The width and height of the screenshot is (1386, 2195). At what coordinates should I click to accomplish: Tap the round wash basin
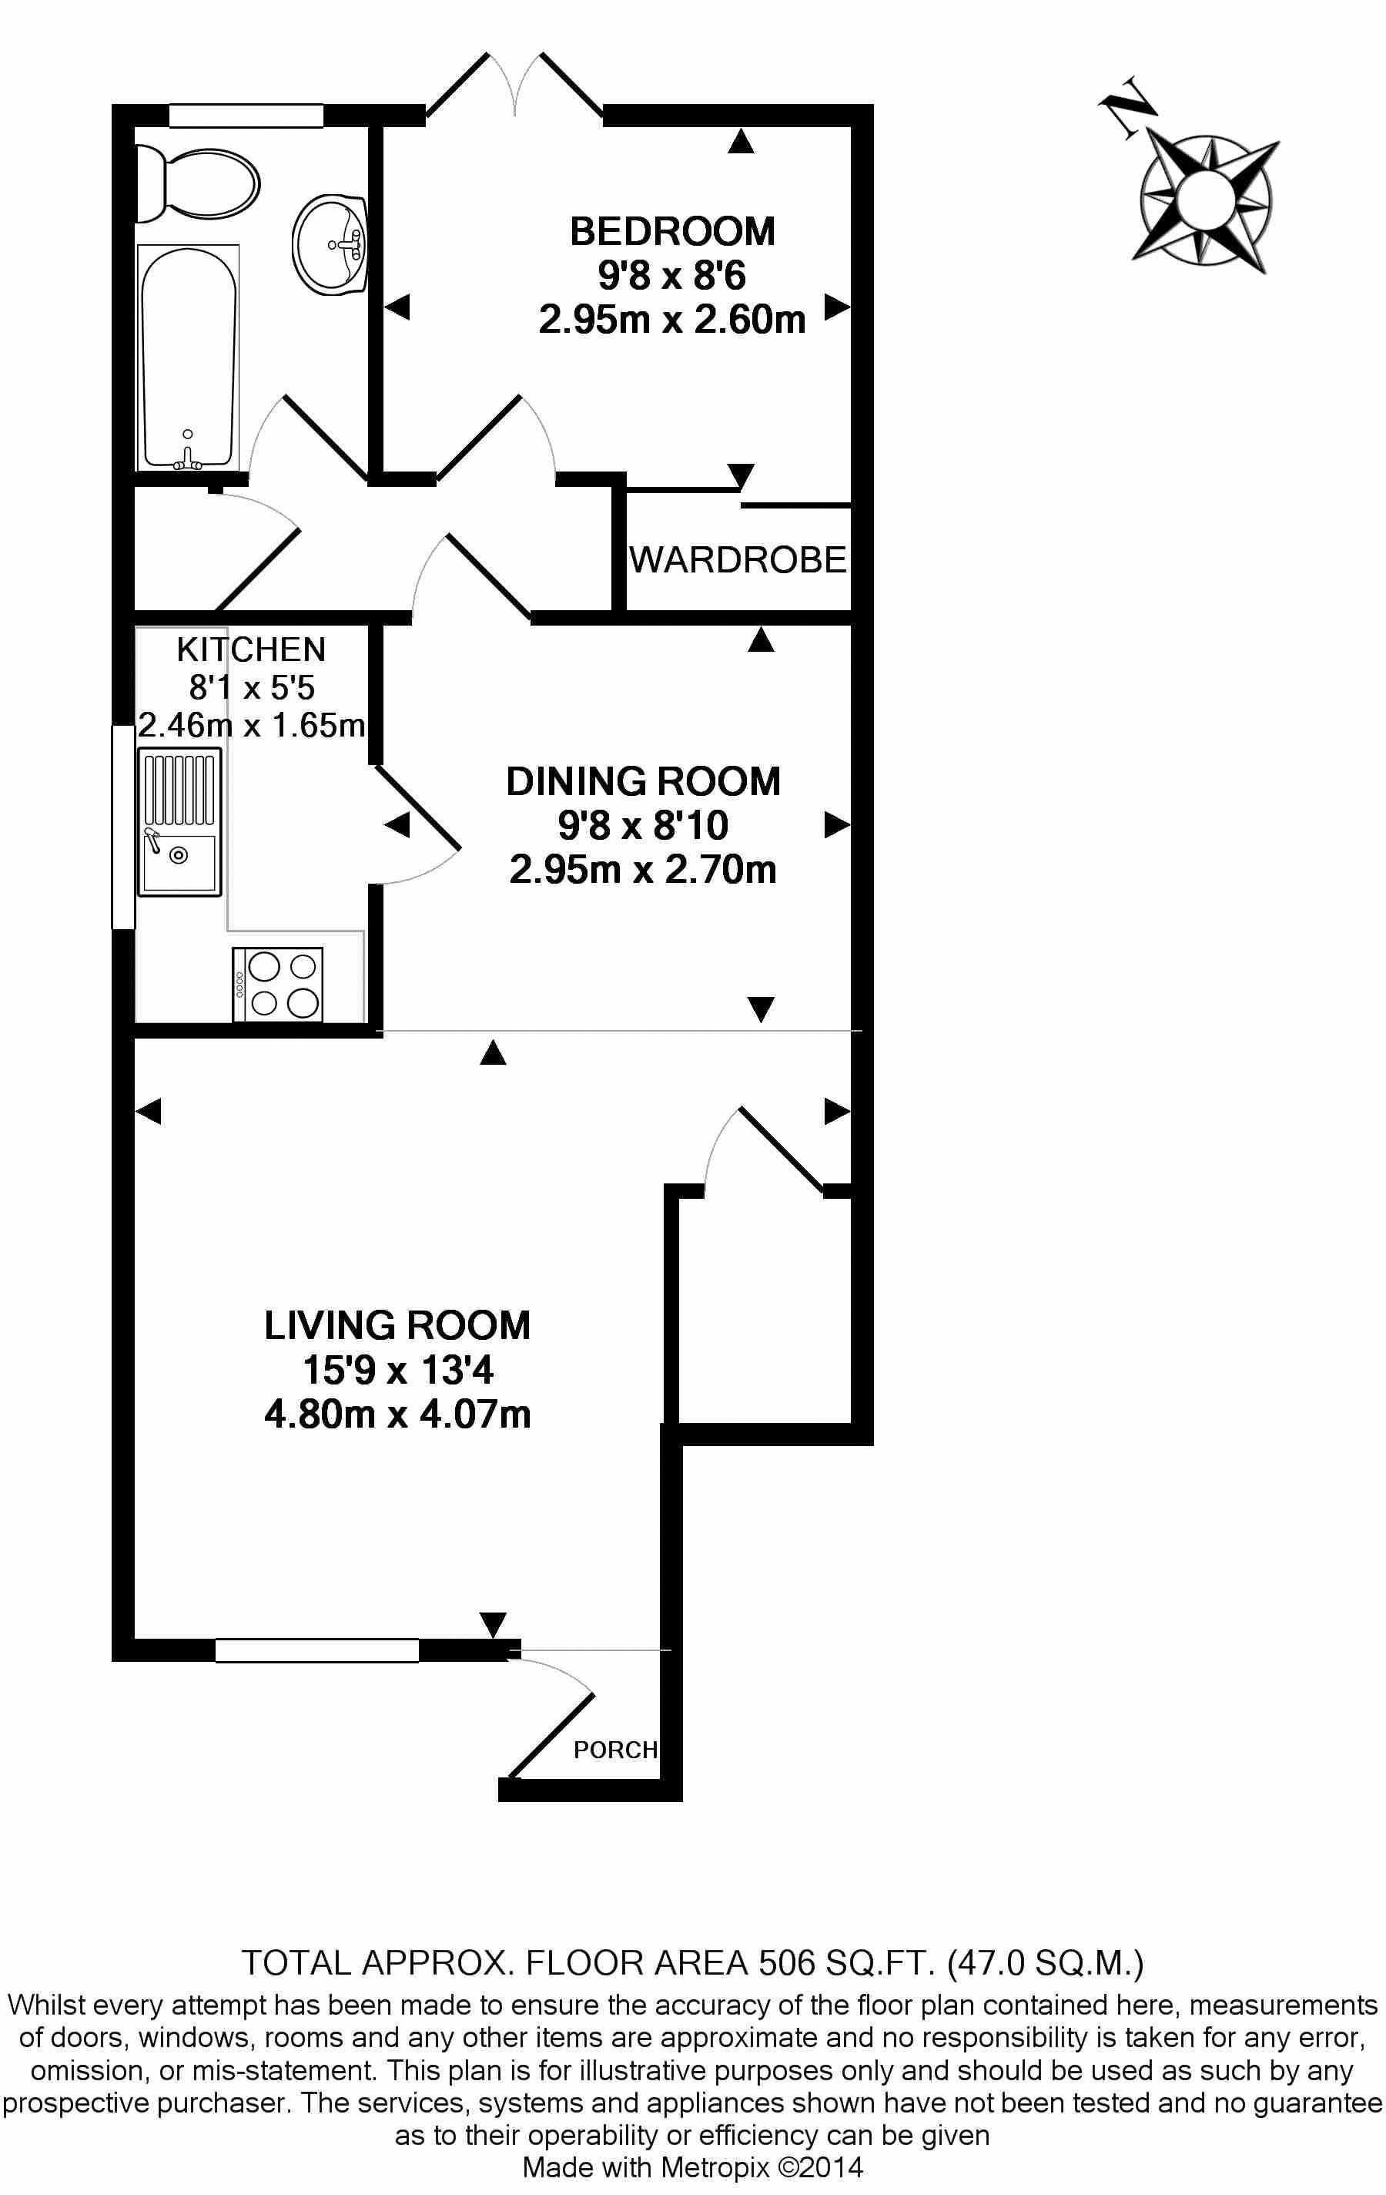(x=330, y=244)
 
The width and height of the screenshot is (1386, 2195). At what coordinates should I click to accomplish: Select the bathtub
(x=188, y=357)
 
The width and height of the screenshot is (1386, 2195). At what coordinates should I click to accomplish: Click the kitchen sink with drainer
(x=179, y=821)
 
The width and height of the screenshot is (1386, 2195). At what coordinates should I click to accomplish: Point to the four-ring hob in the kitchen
(x=278, y=985)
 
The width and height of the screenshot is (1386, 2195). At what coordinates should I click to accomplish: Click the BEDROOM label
(x=672, y=232)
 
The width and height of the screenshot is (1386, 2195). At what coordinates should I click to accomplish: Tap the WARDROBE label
(x=738, y=559)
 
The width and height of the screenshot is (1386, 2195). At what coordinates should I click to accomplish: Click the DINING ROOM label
(x=644, y=781)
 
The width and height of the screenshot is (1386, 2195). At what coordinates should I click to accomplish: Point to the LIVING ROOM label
(x=397, y=1325)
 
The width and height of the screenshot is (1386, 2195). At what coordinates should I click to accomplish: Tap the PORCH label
(x=615, y=1749)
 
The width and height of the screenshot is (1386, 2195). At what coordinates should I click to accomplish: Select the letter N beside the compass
(x=1128, y=106)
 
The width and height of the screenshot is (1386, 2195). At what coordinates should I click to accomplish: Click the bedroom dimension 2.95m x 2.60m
(x=672, y=320)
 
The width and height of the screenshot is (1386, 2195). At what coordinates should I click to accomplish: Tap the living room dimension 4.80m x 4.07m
(x=397, y=1414)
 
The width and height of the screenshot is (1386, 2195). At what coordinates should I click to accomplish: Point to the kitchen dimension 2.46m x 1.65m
(x=252, y=725)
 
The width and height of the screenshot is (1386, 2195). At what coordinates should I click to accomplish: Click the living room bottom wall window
(x=317, y=1650)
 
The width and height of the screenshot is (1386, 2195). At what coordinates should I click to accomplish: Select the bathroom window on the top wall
(x=246, y=116)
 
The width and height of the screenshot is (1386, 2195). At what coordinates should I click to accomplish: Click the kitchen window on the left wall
(x=123, y=826)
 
